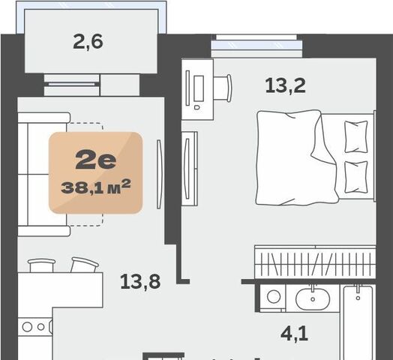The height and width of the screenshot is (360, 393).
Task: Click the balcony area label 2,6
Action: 88,42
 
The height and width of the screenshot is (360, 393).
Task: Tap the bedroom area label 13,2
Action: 285,85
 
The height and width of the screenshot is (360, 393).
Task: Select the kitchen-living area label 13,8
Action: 140,281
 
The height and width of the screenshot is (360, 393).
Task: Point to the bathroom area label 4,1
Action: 294,334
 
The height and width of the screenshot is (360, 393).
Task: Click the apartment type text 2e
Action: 96,160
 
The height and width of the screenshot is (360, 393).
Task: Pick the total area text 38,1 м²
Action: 96,187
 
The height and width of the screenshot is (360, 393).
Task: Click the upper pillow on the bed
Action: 356,136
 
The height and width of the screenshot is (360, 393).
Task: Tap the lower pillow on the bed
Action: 356,177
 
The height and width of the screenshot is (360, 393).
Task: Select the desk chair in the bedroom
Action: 223,88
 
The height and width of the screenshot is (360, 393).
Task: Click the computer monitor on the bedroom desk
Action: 199,88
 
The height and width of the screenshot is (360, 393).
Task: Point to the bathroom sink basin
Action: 313,299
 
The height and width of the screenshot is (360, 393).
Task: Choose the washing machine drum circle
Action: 274,296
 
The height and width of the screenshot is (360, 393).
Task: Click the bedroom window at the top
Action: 256,46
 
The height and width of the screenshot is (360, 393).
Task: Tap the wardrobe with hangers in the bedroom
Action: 315,262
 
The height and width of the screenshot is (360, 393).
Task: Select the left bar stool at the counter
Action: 41,265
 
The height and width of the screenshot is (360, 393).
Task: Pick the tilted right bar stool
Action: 84,265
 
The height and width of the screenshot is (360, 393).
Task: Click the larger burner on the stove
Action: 27,327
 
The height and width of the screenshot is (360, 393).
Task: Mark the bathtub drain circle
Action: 358,298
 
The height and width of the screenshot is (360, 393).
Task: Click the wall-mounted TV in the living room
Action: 160,174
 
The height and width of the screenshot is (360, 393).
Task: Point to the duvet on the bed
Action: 296,157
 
